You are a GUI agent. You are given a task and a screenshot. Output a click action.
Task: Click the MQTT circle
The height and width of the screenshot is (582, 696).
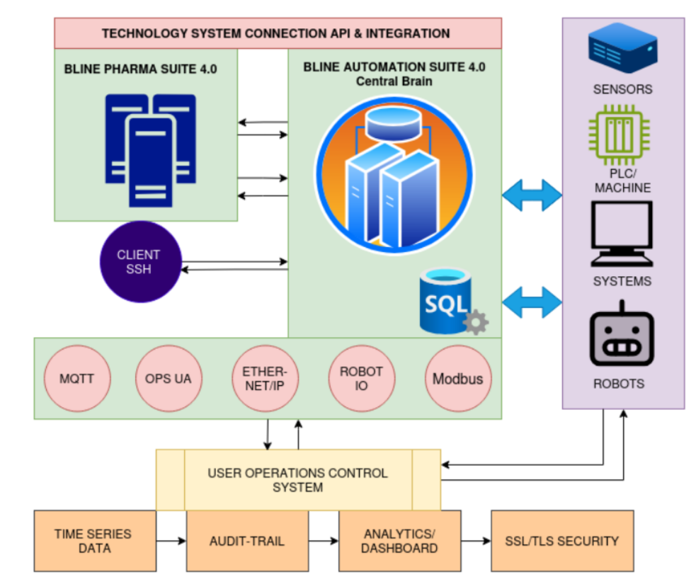click(x=76, y=379)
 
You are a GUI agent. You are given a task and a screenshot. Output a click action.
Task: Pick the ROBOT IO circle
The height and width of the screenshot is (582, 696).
click(x=361, y=379)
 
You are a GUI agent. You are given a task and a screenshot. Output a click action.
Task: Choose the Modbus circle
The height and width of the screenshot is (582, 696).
click(x=457, y=379)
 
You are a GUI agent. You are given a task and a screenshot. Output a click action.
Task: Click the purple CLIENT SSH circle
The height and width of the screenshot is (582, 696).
click(x=139, y=262)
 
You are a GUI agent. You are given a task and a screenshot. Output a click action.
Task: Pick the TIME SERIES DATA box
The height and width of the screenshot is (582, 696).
click(x=95, y=541)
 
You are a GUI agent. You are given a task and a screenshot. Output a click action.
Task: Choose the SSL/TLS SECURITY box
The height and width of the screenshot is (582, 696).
click(x=562, y=541)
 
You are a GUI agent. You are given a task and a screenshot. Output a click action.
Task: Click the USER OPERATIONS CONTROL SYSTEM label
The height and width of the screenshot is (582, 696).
click(x=297, y=480)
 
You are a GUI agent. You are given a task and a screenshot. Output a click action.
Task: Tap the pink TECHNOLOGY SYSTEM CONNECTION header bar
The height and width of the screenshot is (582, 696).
click(x=278, y=33)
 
